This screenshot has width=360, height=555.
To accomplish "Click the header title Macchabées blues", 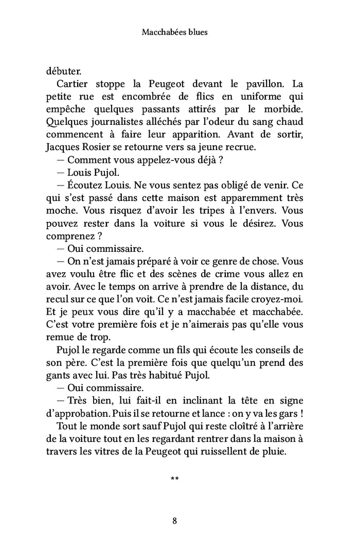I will pos(174,32).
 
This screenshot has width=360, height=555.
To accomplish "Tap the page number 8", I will pos(175,521).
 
